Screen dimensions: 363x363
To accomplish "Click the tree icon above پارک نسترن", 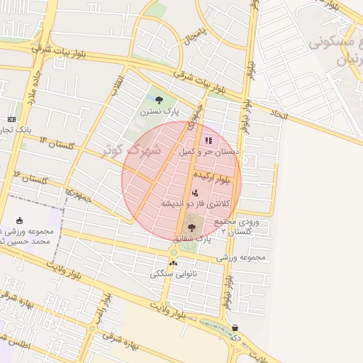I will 159,100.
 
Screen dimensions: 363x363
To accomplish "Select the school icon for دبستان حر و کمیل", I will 208,140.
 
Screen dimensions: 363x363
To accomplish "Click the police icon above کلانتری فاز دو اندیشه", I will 194,193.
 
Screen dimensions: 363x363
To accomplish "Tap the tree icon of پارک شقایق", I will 191,228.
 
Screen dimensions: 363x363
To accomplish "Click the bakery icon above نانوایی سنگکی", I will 174,263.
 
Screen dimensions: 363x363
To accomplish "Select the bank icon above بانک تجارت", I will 11,119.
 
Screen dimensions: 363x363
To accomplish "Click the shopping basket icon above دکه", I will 235,328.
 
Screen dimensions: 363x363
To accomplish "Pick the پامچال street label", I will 195,37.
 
